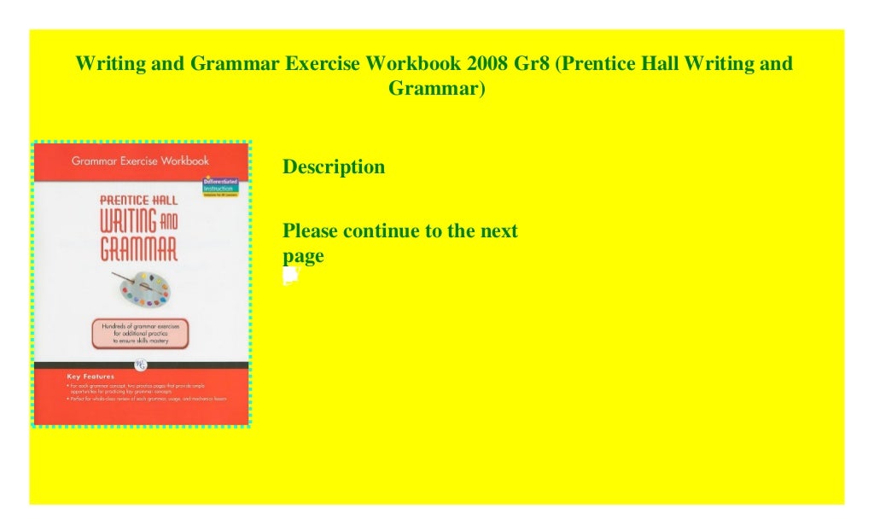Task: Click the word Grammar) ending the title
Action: [437, 87]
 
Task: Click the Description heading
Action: [334, 167]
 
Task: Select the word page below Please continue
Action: [303, 256]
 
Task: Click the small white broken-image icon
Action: [290, 276]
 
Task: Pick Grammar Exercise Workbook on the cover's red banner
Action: [140, 160]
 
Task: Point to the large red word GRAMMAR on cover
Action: [139, 248]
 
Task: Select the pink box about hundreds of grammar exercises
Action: [140, 333]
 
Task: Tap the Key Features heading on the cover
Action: [92, 376]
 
